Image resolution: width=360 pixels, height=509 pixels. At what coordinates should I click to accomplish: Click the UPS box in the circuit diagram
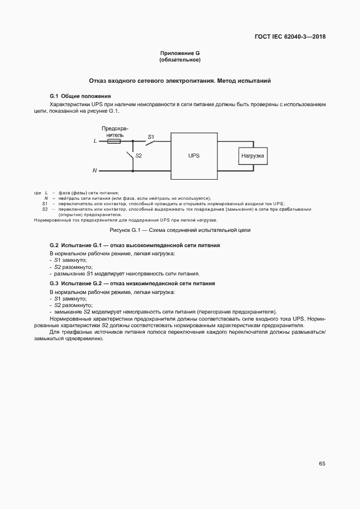coord(194,156)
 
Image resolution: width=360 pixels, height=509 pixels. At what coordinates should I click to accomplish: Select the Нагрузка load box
coord(253,156)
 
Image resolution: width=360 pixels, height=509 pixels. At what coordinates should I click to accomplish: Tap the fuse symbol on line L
coord(114,141)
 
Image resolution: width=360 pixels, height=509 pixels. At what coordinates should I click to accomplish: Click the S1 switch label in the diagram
coord(151,136)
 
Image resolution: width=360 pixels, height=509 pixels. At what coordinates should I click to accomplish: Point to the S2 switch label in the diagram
coord(138,156)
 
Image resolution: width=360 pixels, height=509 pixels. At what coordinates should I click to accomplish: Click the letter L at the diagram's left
coord(95,141)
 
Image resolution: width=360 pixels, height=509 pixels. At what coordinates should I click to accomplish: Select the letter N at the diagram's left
coord(94,170)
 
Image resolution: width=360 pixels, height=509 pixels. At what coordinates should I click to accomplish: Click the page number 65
coord(322,464)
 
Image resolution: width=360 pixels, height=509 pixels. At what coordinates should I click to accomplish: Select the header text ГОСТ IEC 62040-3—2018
coord(290,38)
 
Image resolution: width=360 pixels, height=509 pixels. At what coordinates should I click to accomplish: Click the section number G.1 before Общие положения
coord(54,96)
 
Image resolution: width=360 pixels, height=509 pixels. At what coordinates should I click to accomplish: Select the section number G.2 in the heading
coord(54,246)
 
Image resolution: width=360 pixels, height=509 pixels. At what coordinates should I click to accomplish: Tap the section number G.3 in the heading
coord(54,284)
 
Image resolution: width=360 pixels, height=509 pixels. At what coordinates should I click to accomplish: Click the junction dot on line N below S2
coord(132,170)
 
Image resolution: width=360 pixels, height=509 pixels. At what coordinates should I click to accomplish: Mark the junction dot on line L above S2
coord(132,141)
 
